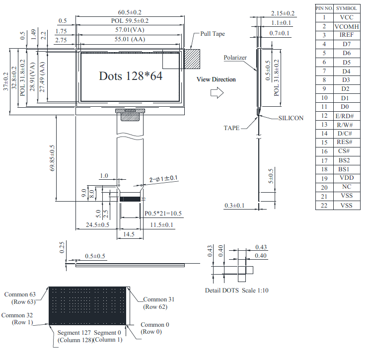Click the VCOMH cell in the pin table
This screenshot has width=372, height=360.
click(x=347, y=26)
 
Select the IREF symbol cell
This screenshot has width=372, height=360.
click(x=347, y=35)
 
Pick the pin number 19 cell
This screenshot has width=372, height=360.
click(x=324, y=179)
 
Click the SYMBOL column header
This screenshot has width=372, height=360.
click(x=347, y=8)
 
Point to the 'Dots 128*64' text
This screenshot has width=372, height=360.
click(x=131, y=76)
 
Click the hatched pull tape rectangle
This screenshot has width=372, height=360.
click(x=192, y=59)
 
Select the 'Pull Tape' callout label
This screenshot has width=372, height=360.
click(x=213, y=34)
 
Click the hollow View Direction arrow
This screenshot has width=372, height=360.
click(x=217, y=93)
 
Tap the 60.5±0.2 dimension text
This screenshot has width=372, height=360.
click(x=130, y=12)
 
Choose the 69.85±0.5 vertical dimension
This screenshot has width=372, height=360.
click(x=52, y=158)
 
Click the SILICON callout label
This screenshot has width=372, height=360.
click(x=291, y=118)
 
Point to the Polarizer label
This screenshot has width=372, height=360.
click(x=235, y=58)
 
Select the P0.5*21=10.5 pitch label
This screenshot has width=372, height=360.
click(x=163, y=214)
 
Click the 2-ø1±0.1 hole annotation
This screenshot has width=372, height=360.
click(x=163, y=179)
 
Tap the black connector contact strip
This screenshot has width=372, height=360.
click(x=130, y=199)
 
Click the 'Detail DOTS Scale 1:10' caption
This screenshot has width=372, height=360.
click(x=237, y=290)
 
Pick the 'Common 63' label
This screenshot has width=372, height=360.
click(x=20, y=294)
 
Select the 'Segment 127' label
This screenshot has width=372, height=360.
click(x=74, y=333)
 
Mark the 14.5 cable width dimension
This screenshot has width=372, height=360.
click(x=129, y=234)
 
